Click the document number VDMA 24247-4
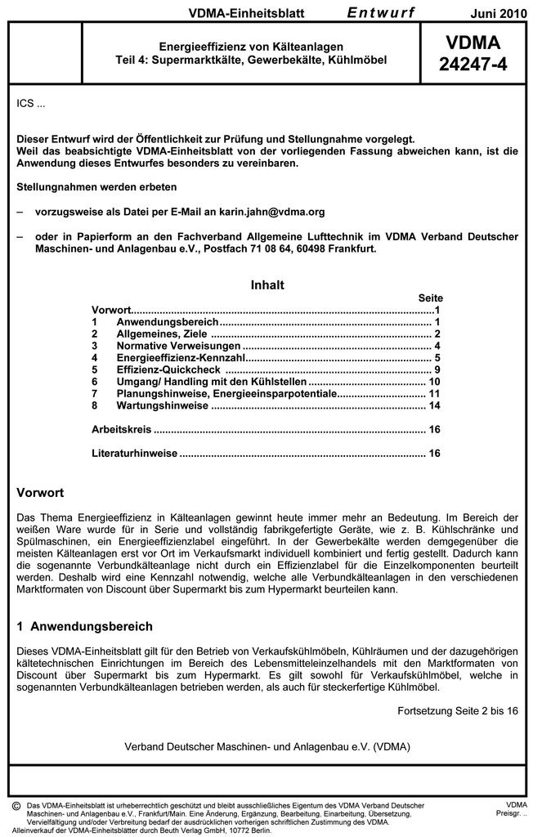tap(472, 53)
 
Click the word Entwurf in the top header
tap(380, 12)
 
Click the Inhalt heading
tap(267, 285)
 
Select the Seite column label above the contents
tap(430, 298)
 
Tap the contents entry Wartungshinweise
tap(162, 405)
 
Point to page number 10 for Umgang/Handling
tap(434, 382)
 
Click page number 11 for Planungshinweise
tap(434, 394)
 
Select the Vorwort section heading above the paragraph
tap(40, 493)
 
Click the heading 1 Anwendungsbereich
tap(84, 626)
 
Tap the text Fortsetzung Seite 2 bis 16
tap(457, 710)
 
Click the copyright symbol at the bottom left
tap(16, 806)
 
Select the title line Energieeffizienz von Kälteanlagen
tap(250, 47)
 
